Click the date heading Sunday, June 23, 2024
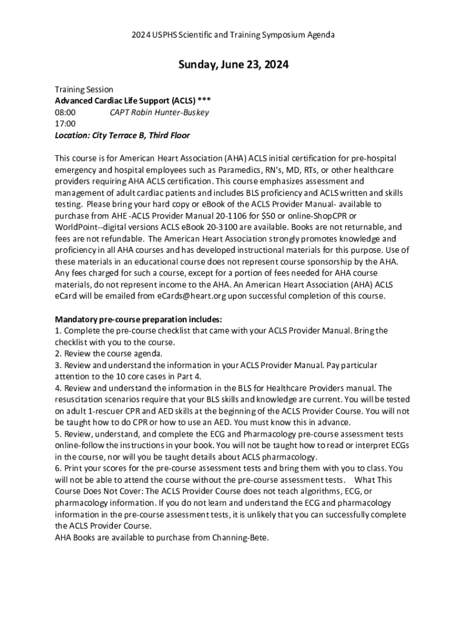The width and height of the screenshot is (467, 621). click(233, 65)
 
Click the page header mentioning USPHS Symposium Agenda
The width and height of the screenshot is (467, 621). click(233, 35)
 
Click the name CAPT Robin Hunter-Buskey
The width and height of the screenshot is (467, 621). click(159, 112)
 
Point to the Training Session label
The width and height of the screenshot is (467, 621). click(84, 89)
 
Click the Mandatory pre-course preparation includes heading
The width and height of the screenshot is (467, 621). click(139, 319)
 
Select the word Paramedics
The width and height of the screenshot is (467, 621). click(236, 169)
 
